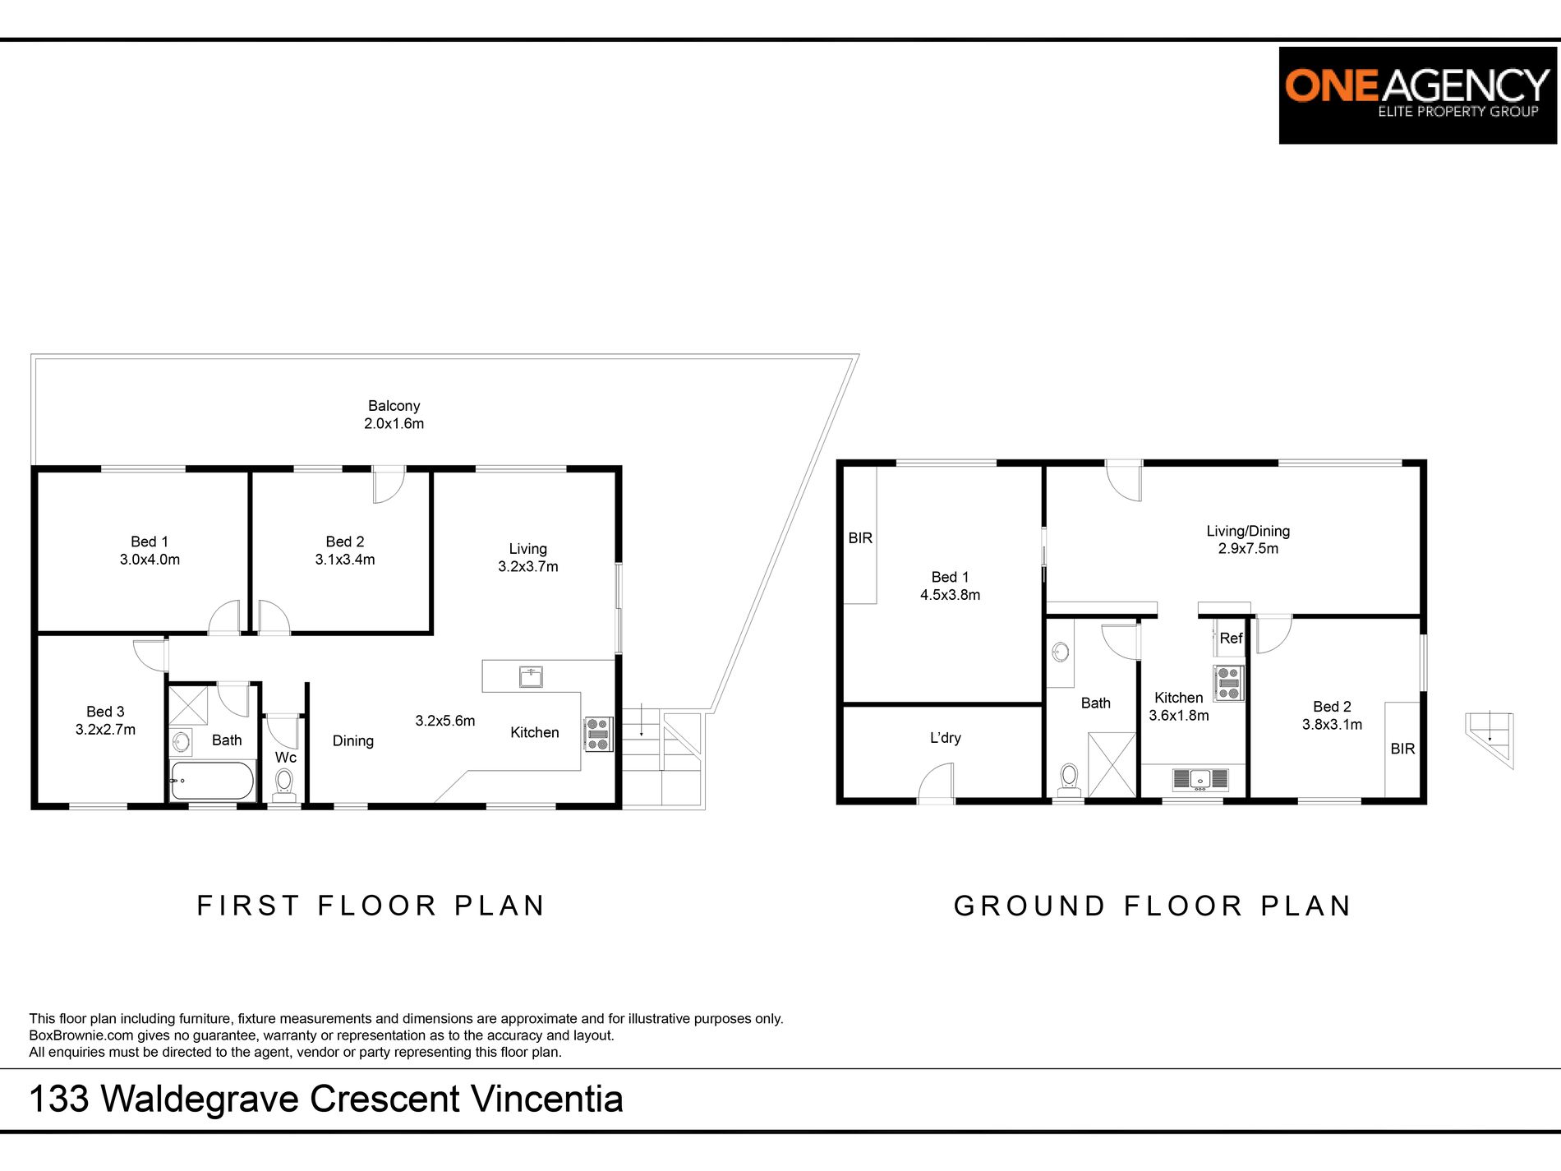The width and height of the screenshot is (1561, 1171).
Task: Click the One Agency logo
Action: pyautogui.click(x=1417, y=95)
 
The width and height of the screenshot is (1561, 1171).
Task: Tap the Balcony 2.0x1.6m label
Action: pyautogui.click(x=394, y=415)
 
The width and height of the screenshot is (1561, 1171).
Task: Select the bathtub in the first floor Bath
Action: pyautogui.click(x=212, y=781)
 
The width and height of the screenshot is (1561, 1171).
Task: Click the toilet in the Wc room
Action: pyautogui.click(x=284, y=784)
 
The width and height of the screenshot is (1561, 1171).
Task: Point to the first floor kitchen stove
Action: pyautogui.click(x=598, y=734)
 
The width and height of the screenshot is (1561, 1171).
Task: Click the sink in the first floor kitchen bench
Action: pyautogui.click(x=531, y=677)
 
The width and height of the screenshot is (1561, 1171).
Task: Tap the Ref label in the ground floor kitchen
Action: pyautogui.click(x=1231, y=639)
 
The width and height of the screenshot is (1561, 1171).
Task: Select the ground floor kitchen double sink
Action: pyautogui.click(x=1200, y=779)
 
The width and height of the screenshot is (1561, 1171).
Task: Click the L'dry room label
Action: pyautogui.click(x=946, y=738)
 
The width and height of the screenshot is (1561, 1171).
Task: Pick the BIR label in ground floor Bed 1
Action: pyautogui.click(x=860, y=538)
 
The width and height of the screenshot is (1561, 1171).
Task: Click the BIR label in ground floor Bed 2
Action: pyautogui.click(x=1402, y=749)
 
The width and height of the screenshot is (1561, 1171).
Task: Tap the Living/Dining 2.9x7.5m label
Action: pyautogui.click(x=1248, y=540)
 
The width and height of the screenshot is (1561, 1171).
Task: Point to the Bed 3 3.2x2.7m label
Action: pyautogui.click(x=106, y=721)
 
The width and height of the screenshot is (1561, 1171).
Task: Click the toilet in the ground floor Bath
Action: pyautogui.click(x=1069, y=780)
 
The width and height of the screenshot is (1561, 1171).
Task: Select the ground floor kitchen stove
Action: pyautogui.click(x=1228, y=683)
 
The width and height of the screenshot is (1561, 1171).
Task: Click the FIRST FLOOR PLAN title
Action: pyautogui.click(x=371, y=906)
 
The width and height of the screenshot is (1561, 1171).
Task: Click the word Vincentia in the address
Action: pyautogui.click(x=547, y=1099)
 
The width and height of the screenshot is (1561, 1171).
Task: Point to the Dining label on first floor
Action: pyautogui.click(x=353, y=741)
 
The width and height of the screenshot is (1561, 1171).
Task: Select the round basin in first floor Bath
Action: pyautogui.click(x=181, y=743)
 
